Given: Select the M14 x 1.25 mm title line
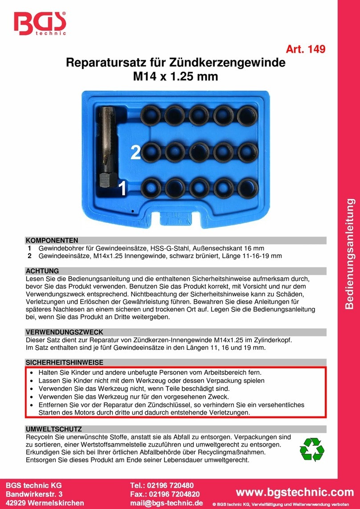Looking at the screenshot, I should (176, 77).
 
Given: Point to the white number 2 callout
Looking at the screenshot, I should (135, 153).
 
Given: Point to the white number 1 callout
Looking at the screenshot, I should (121, 189).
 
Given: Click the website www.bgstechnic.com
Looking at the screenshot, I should (297, 492).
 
